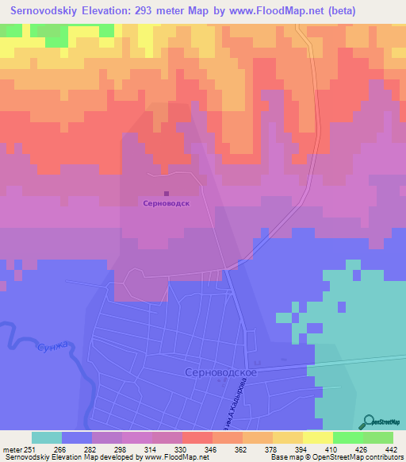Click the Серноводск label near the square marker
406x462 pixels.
coord(166,203)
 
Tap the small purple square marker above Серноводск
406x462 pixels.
coord(166,192)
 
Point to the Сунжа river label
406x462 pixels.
coord(48,347)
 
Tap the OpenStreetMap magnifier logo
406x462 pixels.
coord(370,421)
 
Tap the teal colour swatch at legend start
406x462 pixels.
coord(47,437)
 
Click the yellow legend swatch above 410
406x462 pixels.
coord(317,437)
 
